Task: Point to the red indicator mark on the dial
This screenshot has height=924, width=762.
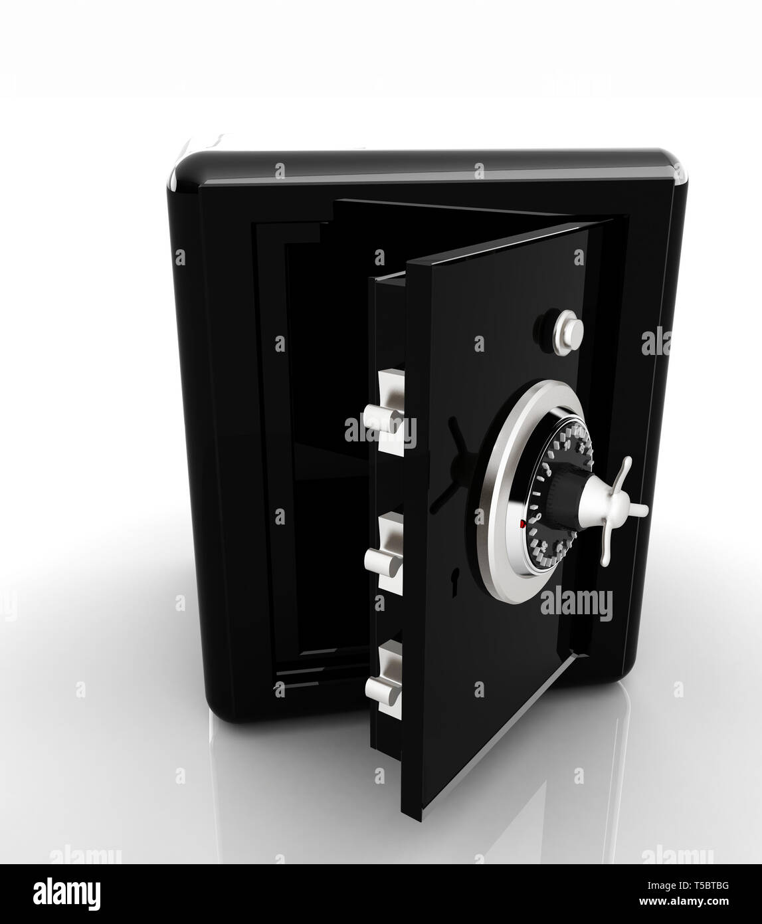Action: pyautogui.click(x=522, y=524)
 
